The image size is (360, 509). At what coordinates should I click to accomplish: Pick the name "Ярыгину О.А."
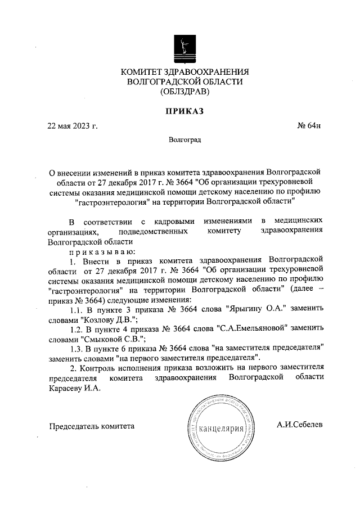click(252, 309)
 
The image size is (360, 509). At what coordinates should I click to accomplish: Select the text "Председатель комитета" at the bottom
click(92, 427)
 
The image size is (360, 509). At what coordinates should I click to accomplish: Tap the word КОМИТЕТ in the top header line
click(141, 71)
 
